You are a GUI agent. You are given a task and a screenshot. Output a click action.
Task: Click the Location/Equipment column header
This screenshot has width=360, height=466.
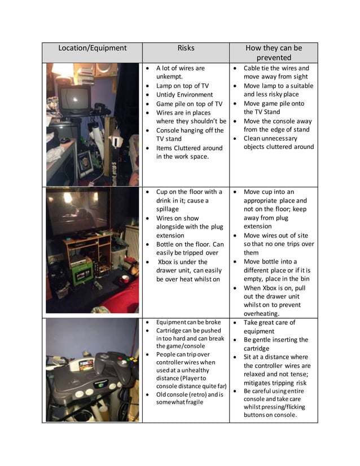[x=92, y=49]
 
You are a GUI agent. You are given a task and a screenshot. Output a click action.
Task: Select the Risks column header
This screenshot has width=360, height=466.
[x=186, y=49]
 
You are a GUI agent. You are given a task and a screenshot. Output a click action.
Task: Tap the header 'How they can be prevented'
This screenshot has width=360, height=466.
[x=273, y=52]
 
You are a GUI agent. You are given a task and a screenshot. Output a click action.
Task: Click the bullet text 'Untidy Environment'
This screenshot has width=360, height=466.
[x=185, y=95]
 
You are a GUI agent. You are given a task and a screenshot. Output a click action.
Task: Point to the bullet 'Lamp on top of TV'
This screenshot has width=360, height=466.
[x=182, y=86]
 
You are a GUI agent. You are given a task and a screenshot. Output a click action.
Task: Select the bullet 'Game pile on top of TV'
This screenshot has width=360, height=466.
[x=189, y=104]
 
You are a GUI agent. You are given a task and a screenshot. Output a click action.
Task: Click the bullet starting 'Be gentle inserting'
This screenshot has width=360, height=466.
[x=276, y=344]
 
